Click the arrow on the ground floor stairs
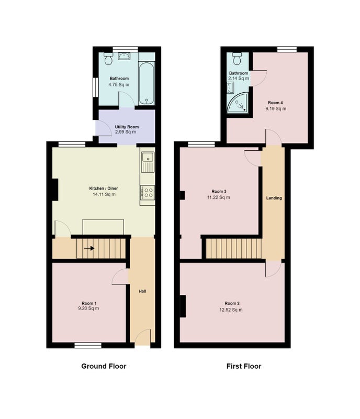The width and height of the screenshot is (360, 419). (89, 248)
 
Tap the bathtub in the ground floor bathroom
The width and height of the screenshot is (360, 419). (147, 83)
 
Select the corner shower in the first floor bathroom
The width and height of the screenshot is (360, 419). (238, 102)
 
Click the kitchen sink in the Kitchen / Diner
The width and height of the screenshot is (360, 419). (148, 162)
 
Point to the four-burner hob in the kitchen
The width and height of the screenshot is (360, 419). (147, 192)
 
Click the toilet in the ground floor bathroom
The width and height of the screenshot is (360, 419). (108, 59)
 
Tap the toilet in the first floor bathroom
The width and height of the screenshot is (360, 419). (237, 59)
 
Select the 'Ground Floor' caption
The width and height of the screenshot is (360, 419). (104, 366)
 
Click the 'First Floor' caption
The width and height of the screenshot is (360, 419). (244, 366)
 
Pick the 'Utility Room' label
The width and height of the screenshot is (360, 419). (127, 127)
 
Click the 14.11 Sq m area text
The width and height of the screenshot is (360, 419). (104, 194)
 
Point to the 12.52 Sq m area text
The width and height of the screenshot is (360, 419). (231, 310)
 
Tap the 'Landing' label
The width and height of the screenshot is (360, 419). (274, 198)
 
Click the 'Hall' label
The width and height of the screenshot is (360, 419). (142, 291)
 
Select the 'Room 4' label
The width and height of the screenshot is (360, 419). (275, 103)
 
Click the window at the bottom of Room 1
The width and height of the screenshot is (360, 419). (88, 345)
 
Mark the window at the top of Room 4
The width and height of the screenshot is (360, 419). (287, 49)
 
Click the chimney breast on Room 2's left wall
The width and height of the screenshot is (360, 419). (183, 306)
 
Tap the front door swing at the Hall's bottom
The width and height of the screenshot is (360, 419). (143, 337)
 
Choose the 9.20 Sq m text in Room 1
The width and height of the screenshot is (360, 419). (88, 308)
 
